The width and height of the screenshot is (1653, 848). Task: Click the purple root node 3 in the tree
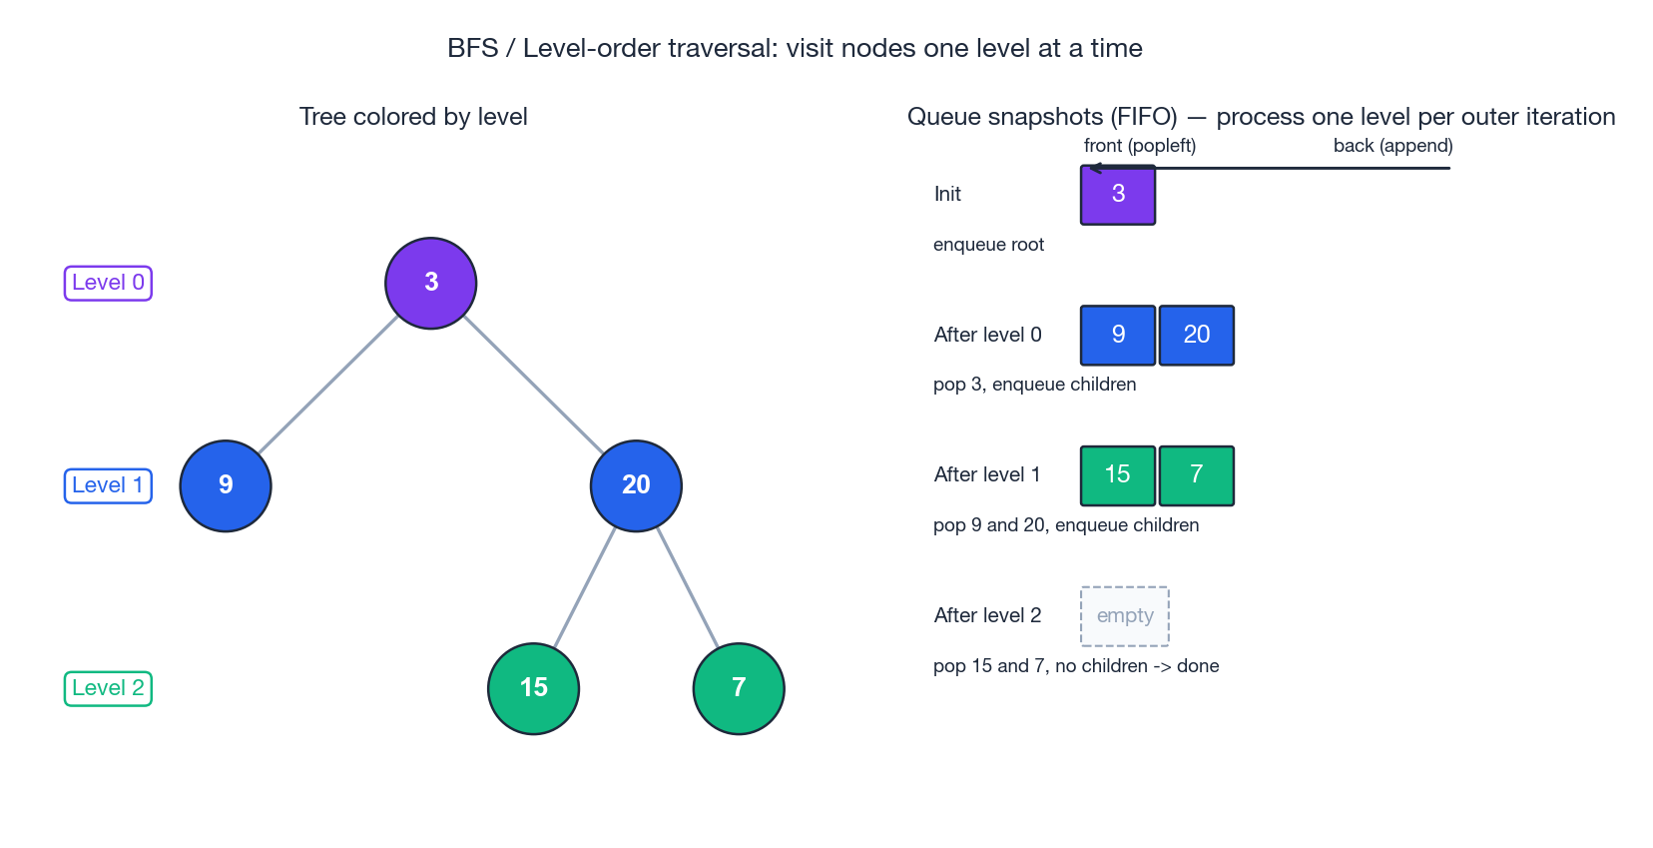point(431,283)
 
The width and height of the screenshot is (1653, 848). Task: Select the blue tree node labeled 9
point(226,485)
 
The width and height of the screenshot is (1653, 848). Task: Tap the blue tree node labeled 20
point(636,485)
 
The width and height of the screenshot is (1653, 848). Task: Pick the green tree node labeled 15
point(533,688)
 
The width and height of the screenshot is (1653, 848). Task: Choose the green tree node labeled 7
point(739,688)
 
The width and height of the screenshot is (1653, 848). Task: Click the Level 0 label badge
point(108,283)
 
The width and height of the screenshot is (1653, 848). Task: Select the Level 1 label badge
point(108,485)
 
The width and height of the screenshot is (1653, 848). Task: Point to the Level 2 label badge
point(108,688)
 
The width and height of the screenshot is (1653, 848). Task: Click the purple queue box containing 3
point(1118,195)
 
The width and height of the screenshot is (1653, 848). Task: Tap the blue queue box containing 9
point(1118,336)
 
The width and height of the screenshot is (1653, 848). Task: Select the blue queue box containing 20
point(1197,336)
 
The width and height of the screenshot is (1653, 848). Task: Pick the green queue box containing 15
point(1118,475)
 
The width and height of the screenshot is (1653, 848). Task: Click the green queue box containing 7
point(1197,475)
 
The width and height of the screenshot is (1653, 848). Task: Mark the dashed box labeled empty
point(1125,616)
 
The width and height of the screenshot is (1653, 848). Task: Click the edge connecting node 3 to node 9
point(328,385)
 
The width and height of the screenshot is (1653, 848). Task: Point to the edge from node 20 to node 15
point(585,586)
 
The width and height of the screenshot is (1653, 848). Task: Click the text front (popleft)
point(1140,146)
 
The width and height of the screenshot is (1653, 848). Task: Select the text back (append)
point(1392,146)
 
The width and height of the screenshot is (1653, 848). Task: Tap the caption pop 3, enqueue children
point(1034,385)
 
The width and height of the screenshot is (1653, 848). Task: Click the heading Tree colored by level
point(413,117)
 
